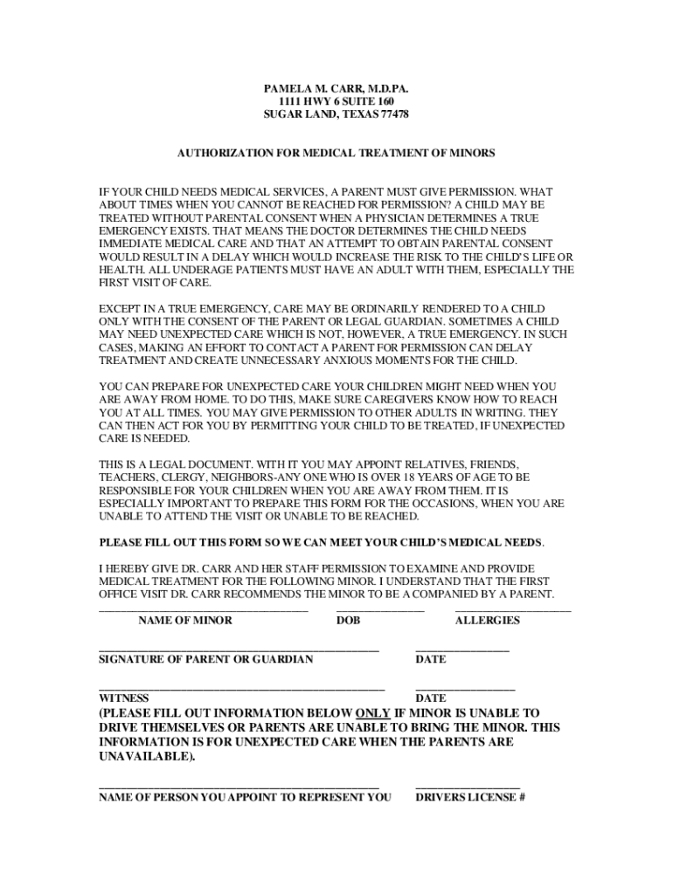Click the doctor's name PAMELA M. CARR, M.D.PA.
coord(336,89)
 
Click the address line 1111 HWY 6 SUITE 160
coord(336,102)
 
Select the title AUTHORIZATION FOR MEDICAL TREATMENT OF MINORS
coord(336,153)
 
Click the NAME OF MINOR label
coord(185,621)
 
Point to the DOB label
coord(348,621)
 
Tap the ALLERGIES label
coord(487,621)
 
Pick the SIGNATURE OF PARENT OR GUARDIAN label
coord(205,659)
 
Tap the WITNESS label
coord(123,698)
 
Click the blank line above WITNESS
coord(241,689)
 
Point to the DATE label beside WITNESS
coord(431,698)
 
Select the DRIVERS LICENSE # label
coord(469,797)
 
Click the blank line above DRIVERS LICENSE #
coord(468,787)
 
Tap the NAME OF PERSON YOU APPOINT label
coord(245,797)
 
